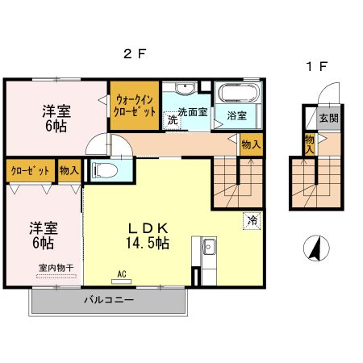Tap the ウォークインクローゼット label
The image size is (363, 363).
(134, 105)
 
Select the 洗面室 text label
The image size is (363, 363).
(193, 113)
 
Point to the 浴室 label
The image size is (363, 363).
(236, 115)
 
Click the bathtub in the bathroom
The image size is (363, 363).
(237, 93)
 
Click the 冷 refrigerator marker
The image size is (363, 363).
(252, 218)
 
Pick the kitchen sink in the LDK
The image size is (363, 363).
(207, 246)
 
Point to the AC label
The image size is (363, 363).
(123, 273)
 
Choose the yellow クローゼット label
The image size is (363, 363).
(31, 171)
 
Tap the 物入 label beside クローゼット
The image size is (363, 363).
(69, 171)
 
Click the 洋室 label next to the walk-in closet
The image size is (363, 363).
(55, 119)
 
